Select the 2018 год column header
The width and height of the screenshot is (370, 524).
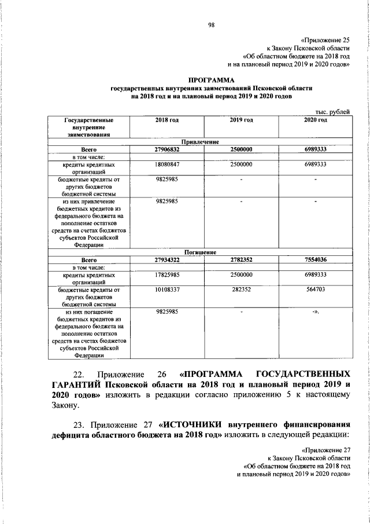166,120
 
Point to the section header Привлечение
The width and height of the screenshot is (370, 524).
200,141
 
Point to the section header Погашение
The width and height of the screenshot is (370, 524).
200,252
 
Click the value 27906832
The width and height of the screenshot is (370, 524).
166,149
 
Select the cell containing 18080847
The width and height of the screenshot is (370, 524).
166,164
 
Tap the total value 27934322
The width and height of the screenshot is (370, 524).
166,260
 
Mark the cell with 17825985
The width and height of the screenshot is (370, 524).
166,275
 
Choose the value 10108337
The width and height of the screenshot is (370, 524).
166,290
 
